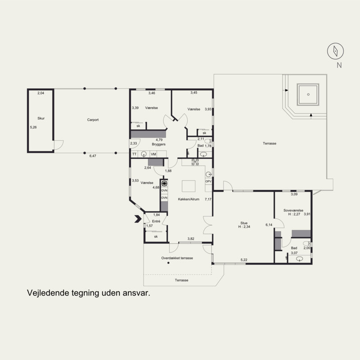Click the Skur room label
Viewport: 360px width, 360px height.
coord(41,118)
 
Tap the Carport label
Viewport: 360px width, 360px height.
coord(93,120)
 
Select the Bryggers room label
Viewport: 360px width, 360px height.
coord(159,144)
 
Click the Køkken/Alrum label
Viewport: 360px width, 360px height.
coord(189,199)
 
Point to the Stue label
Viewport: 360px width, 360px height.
coord(244,223)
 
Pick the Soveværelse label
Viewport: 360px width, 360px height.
coord(293,210)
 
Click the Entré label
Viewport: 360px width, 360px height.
coord(156,221)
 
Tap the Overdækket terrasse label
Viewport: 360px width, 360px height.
coord(177,258)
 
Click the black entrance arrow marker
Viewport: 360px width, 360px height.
coord(138,219)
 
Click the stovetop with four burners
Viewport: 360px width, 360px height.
coord(195,162)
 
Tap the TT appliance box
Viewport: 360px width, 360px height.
coord(134,154)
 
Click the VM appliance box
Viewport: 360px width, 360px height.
coord(153,154)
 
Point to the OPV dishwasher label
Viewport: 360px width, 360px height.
coord(208,181)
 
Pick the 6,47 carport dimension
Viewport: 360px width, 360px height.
coord(93,156)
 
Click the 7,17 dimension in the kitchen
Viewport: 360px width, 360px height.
coord(208,199)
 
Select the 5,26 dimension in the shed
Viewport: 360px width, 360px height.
coord(33,127)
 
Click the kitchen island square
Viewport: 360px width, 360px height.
coord(189,186)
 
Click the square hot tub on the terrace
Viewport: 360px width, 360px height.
coord(308,94)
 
